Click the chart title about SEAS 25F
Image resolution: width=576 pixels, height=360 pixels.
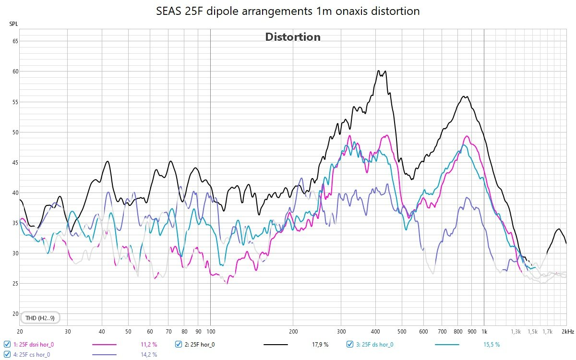[x=288, y=11]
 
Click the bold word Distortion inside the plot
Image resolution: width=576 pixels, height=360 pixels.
[x=293, y=37]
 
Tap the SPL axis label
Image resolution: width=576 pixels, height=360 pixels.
[x=13, y=24]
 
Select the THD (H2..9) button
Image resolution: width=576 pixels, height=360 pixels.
[x=40, y=318]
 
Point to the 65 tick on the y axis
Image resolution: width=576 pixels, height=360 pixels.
[x=15, y=41]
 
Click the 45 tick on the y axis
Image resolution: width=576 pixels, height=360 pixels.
[x=15, y=163]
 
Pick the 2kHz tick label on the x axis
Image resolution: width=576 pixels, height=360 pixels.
[x=568, y=332]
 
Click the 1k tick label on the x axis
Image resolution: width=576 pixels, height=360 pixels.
[x=484, y=332]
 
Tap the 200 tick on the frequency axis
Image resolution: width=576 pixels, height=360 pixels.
[x=293, y=332]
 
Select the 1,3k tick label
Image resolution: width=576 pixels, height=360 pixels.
[x=516, y=332]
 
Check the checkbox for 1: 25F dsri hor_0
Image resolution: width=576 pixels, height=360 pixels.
[x=7, y=344]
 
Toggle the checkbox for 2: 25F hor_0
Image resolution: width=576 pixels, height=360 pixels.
[x=179, y=344]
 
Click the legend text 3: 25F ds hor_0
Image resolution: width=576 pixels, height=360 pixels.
[x=375, y=345]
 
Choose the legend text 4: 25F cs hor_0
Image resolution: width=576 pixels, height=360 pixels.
[x=32, y=355]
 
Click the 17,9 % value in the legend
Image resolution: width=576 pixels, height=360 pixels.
[x=320, y=345]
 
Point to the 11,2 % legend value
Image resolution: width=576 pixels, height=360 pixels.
[x=149, y=345]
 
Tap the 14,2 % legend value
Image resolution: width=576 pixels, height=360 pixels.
[x=149, y=355]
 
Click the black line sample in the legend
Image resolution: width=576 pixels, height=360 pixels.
[x=276, y=345]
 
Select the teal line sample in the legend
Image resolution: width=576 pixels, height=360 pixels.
[x=447, y=345]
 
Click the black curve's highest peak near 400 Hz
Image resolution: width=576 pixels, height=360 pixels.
[x=378, y=71]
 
